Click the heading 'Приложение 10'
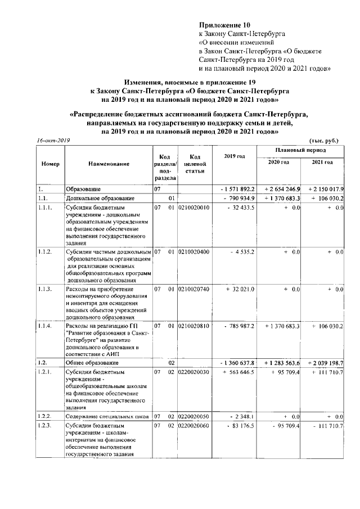[224, 25]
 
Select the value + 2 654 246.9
[280, 189]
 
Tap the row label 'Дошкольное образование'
[100, 199]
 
